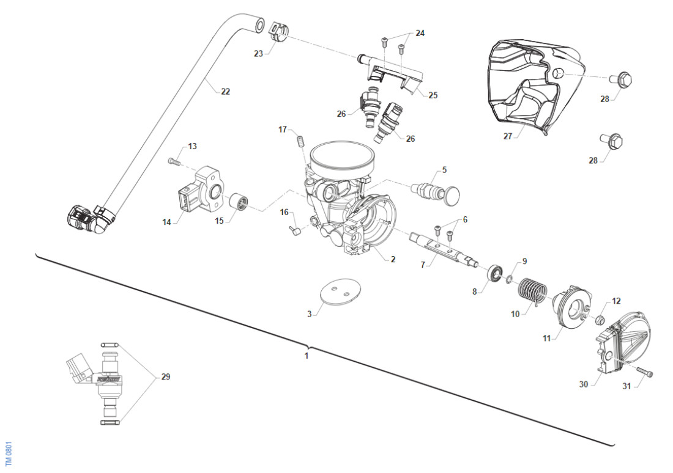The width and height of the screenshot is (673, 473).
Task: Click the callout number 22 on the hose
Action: [225, 92]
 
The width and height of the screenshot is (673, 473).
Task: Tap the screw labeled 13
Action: [174, 162]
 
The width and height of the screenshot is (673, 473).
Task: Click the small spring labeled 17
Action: [300, 140]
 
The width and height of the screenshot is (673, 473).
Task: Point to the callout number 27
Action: [507, 137]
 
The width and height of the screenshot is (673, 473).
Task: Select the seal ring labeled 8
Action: [494, 272]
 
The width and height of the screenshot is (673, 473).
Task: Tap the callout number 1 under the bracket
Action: [307, 354]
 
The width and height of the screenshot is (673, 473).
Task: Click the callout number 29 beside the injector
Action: [165, 377]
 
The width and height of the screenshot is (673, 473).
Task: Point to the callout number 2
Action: [392, 259]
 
